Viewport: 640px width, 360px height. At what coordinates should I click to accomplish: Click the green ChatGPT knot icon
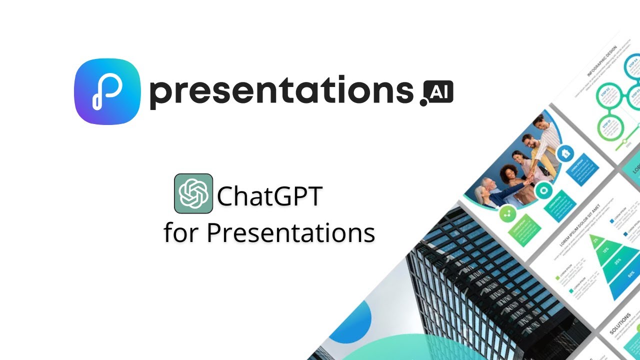pyautogui.click(x=193, y=193)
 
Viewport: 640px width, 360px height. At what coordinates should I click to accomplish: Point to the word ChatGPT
pyautogui.click(x=269, y=196)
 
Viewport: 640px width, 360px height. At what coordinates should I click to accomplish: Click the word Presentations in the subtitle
pyautogui.click(x=290, y=232)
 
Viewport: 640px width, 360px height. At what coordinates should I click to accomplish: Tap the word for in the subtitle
pyautogui.click(x=182, y=232)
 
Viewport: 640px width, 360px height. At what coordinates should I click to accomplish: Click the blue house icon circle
pyautogui.click(x=566, y=153)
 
